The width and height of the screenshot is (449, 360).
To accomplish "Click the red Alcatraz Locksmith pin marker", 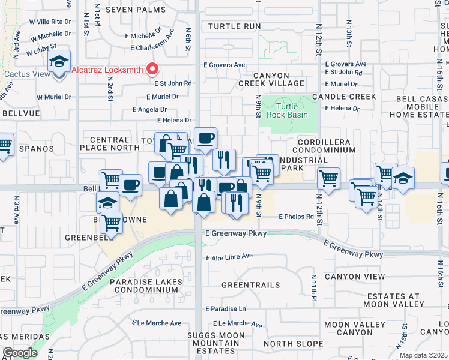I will [x=152, y=69].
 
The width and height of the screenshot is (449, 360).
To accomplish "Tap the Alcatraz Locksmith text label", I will [x=107, y=70].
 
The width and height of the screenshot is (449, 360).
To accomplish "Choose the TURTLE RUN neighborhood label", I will [x=235, y=26].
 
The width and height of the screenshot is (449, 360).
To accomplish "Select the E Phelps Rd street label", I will [x=296, y=217].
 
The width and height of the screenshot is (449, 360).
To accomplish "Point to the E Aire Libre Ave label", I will [x=229, y=257].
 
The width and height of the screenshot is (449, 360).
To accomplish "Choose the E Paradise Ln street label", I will [x=226, y=309].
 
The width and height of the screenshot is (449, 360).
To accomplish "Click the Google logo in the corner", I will [x=20, y=353].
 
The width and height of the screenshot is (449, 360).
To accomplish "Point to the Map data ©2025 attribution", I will [x=424, y=355].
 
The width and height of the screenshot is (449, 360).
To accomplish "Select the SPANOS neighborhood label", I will [x=35, y=148].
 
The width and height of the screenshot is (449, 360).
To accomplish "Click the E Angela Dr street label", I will [x=150, y=109].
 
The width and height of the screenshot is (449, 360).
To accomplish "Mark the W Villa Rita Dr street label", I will [x=50, y=20].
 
